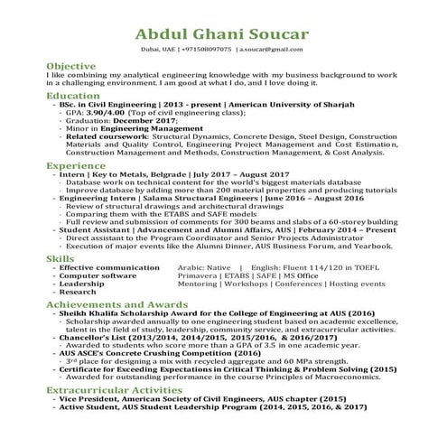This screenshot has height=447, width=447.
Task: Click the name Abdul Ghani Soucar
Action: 223,34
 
